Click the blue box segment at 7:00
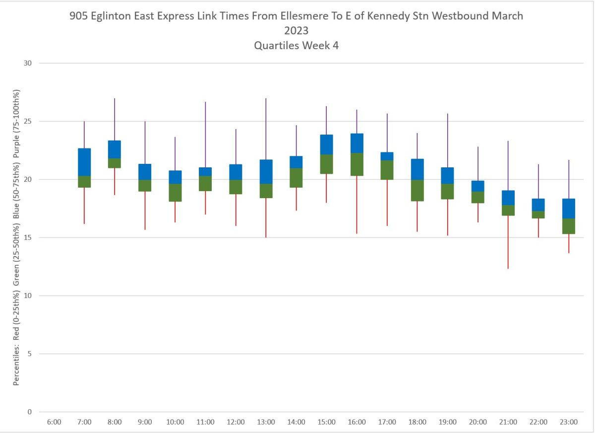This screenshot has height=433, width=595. coord(84,162)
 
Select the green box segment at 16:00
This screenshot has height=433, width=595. coord(357,164)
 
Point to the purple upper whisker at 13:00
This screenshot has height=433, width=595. coord(266,129)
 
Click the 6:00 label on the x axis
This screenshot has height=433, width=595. coord(54,422)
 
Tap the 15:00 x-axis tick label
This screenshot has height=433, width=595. coord(326,422)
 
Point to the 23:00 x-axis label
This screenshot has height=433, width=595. coord(569,422)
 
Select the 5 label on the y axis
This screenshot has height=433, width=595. coord(29,354)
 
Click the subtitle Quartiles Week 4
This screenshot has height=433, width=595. coord(297,45)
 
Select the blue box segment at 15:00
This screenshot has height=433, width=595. coord(326,144)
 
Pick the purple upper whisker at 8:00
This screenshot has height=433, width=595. coord(115,119)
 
